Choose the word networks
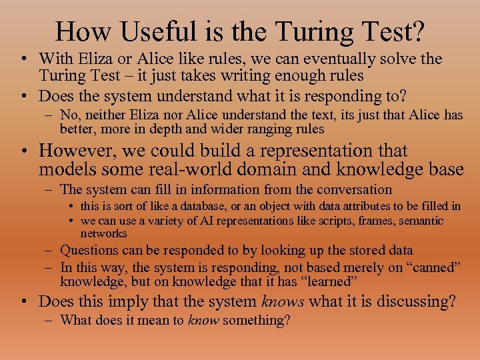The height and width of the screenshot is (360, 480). pyautogui.click(x=103, y=233)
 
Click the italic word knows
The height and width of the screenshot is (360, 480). pyautogui.click(x=282, y=301)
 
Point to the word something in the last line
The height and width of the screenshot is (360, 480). pyautogui.click(x=257, y=320)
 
